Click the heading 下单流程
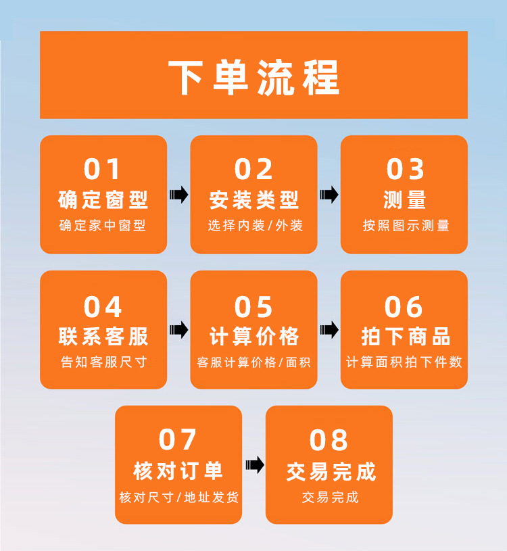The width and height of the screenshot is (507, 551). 254,76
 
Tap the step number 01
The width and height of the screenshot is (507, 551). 103,169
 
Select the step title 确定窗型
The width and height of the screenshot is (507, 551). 103,199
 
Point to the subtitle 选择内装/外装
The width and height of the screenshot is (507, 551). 255,226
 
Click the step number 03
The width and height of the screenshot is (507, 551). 405,169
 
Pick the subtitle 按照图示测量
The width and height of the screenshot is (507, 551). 405,226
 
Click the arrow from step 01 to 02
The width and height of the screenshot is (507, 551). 178,195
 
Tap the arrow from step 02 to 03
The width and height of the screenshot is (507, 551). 329,195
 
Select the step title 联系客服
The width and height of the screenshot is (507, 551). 103,336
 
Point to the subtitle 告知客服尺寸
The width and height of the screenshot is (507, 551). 103,362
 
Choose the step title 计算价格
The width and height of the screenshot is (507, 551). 254,336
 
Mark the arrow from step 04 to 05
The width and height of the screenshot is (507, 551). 178,330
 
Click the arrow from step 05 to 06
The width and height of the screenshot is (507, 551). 329,330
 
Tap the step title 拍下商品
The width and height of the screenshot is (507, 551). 405,336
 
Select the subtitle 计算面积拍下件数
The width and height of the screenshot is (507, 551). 404,362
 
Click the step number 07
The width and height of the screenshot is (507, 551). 178,440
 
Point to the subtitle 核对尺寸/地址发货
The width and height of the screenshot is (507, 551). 178,498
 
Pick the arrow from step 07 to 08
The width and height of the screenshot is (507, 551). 254,465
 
